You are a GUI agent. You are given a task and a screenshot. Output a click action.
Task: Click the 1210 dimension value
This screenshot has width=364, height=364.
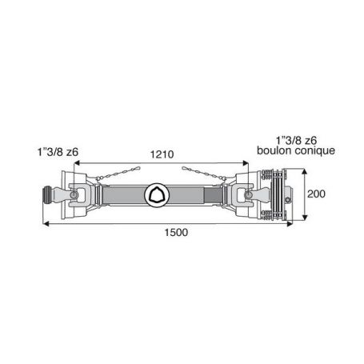162,154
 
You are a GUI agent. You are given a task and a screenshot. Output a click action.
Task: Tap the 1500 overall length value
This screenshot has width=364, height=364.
176,232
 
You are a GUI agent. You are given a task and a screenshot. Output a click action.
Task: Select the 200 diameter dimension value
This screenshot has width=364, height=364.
316,194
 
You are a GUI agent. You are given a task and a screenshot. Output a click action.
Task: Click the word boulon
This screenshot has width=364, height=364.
274,150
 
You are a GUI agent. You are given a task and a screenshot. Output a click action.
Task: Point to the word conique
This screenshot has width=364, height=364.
315,151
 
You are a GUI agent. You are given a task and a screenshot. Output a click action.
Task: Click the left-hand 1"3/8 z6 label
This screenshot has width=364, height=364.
58,152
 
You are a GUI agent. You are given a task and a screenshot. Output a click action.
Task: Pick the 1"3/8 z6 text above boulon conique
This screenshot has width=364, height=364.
296,140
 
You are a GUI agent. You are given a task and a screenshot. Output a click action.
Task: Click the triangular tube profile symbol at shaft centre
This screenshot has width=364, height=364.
157,195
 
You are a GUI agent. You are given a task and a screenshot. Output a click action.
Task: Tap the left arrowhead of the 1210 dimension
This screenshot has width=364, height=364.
77,163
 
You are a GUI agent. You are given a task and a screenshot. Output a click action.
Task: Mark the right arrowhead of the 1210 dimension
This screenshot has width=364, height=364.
245,163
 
